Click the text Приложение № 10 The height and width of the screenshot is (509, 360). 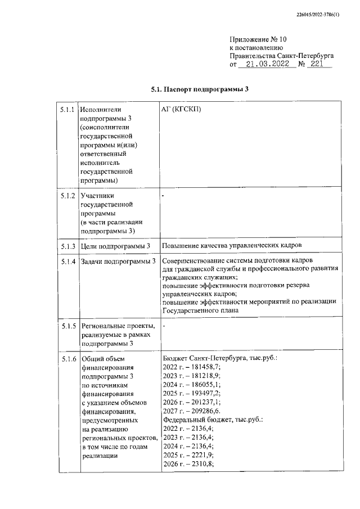coord(259,39)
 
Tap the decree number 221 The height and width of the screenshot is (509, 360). coord(318,65)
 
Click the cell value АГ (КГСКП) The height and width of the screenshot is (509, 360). coord(181,109)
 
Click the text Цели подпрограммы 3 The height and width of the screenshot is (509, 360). coord(116,246)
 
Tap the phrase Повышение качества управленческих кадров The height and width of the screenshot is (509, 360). coord(232,246)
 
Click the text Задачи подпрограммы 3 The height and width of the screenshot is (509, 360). coord(118,262)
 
